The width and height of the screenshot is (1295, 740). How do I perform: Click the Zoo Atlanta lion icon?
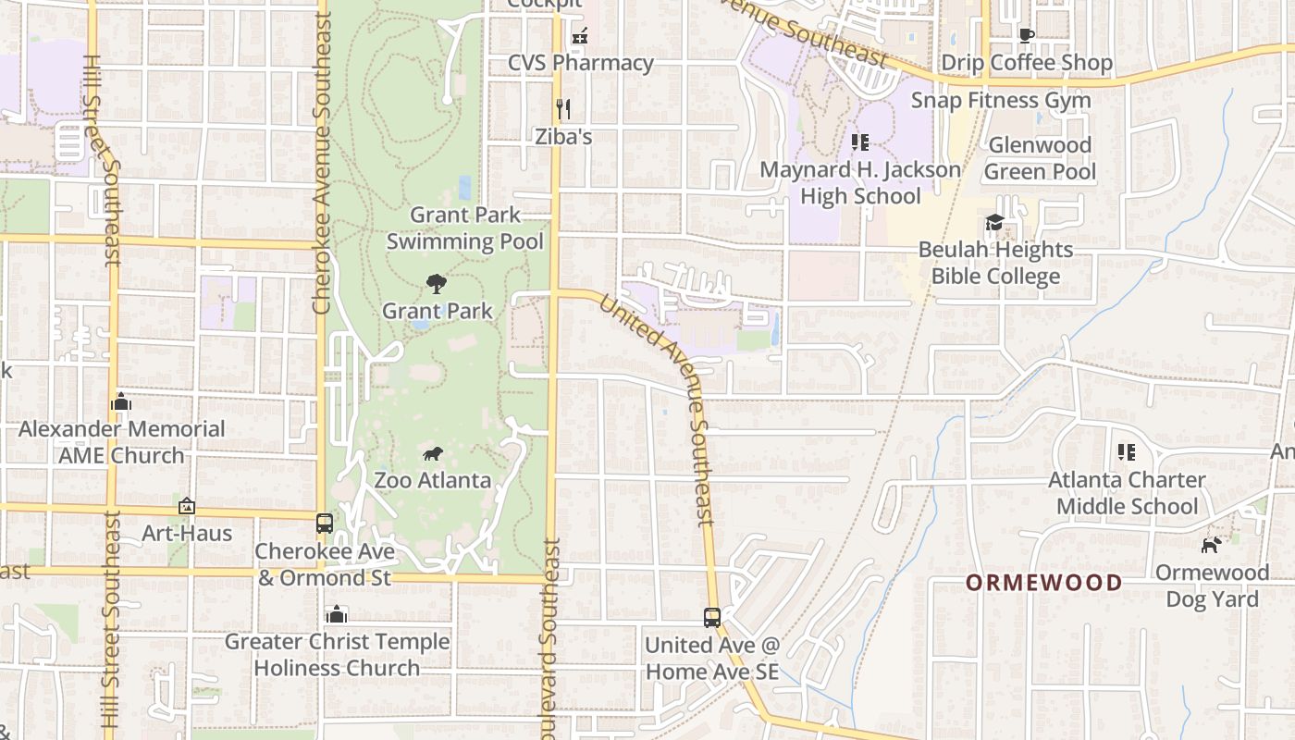tap(433, 453)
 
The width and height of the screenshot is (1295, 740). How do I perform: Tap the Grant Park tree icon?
tap(436, 284)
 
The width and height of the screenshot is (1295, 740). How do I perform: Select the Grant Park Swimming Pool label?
tap(464, 228)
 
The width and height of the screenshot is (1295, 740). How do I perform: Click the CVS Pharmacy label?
tap(581, 63)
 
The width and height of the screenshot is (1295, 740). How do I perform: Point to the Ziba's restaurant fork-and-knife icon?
tap(563, 108)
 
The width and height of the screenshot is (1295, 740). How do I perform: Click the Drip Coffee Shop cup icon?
tap(1026, 35)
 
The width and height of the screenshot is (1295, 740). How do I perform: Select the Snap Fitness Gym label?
tap(1001, 100)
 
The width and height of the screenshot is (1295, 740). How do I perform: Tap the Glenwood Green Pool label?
tap(1040, 158)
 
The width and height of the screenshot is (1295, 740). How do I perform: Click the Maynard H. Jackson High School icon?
tap(860, 142)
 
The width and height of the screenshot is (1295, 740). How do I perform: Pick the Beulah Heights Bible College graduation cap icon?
tap(995, 222)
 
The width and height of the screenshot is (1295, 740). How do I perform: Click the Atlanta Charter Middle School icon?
tap(1127, 452)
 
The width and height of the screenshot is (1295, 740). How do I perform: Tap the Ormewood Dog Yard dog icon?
tap(1210, 545)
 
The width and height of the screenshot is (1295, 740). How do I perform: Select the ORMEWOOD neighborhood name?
tap(1044, 583)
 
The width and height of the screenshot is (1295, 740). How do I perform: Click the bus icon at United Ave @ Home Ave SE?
tap(711, 617)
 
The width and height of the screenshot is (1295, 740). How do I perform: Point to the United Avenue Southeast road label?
tap(659, 408)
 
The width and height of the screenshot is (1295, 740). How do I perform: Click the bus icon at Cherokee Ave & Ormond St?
tap(325, 524)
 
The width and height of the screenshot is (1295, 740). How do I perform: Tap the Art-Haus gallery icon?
tap(187, 506)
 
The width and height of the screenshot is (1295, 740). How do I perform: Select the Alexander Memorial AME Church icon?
tap(121, 401)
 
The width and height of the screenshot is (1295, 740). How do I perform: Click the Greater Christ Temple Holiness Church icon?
tap(337, 614)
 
